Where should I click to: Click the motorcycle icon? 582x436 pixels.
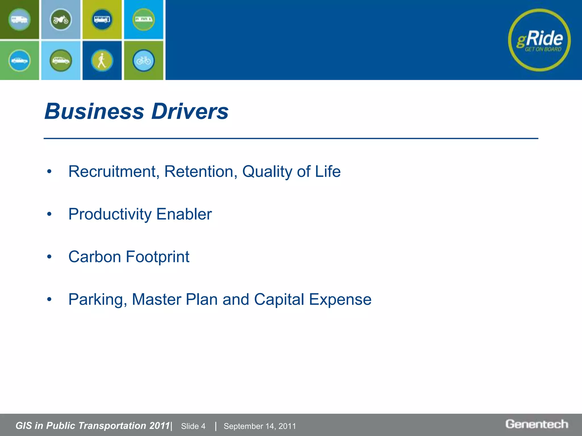pyautogui.click(x=61, y=20)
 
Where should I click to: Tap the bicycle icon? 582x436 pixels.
pyautogui.click(x=144, y=60)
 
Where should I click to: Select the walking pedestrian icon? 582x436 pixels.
pyautogui.click(x=102, y=60)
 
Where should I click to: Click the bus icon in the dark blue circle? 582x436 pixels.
pyautogui.click(x=102, y=20)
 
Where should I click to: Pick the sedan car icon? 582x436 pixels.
pyautogui.click(x=19, y=60)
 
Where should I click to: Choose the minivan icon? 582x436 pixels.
pyautogui.click(x=61, y=60)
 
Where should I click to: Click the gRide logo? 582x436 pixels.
pyautogui.click(x=539, y=40)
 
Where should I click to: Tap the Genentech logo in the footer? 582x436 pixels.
pyautogui.click(x=537, y=424)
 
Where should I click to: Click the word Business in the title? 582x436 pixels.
pyautogui.click(x=94, y=111)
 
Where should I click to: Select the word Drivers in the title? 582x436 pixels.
pyautogui.click(x=190, y=111)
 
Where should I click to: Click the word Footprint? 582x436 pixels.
pyautogui.click(x=157, y=257)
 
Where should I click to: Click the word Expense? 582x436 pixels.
pyautogui.click(x=340, y=299)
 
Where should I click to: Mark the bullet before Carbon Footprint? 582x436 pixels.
pyautogui.click(x=49, y=257)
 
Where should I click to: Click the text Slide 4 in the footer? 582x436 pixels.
pyautogui.click(x=193, y=426)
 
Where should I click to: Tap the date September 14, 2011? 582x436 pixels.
pyautogui.click(x=260, y=426)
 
